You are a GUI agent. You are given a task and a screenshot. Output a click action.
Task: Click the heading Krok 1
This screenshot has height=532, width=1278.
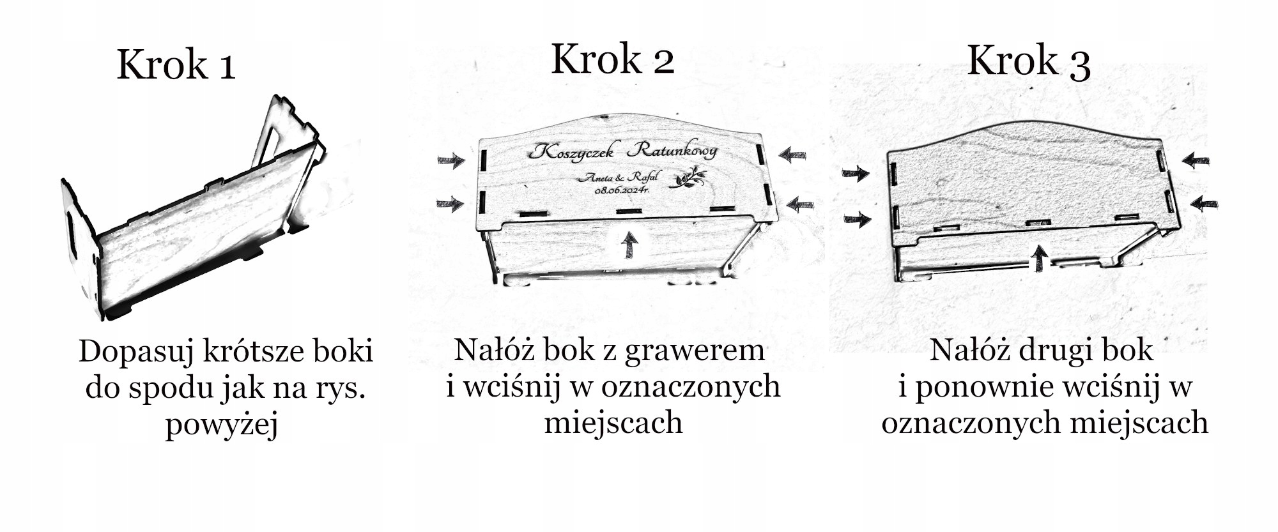(x=176, y=65)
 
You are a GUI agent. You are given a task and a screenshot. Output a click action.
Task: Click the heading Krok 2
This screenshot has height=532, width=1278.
(x=612, y=59)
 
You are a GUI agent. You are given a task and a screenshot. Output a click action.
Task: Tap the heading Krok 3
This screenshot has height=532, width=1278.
(x=1028, y=61)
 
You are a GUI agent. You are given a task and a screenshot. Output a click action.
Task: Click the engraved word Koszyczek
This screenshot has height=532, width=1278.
(x=572, y=151)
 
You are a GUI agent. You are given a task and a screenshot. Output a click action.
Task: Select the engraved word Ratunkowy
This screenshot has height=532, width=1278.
(x=672, y=151)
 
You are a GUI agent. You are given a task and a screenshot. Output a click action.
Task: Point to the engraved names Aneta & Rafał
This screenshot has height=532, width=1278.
(x=617, y=178)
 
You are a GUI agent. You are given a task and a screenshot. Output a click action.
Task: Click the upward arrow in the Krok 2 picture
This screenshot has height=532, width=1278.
(x=630, y=245)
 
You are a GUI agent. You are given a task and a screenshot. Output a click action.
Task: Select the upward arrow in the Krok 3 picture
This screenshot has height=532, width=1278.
(x=1040, y=258)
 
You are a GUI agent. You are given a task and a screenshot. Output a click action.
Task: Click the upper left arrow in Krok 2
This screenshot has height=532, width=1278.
(x=452, y=160)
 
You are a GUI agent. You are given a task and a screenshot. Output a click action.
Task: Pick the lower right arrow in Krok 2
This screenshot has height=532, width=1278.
(x=799, y=204)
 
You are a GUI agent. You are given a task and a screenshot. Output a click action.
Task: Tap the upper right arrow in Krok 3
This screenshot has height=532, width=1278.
(x=1195, y=160)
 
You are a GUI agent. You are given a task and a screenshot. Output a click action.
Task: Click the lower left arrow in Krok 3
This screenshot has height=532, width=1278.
(x=857, y=220)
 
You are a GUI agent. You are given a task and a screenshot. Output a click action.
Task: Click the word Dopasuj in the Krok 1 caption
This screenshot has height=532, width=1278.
(x=135, y=352)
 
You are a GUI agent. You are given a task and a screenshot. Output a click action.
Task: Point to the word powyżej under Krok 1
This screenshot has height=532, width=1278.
(x=222, y=425)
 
